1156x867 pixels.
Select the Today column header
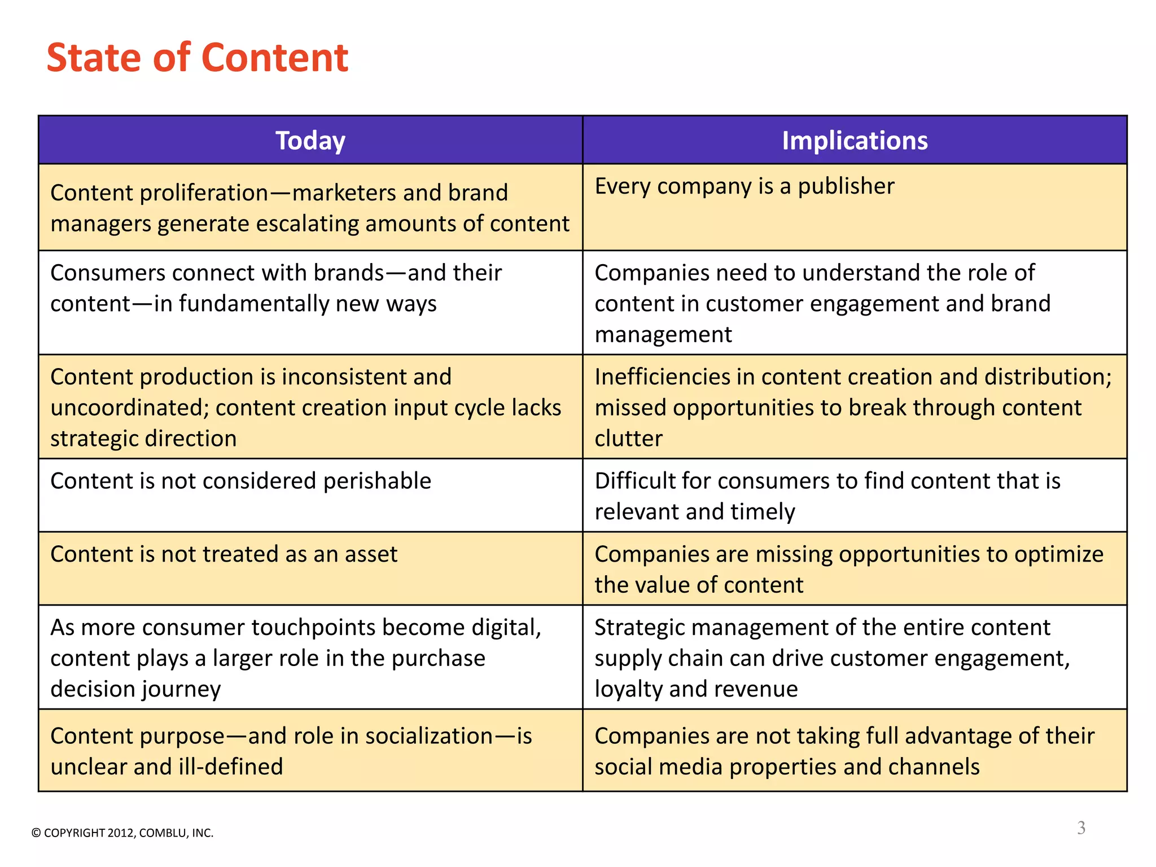pos(310,141)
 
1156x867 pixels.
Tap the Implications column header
pos(855,141)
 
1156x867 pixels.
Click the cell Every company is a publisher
pos(745,186)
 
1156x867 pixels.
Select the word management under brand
pos(663,335)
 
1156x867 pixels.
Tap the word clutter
pos(628,439)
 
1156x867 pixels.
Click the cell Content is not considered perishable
pos(241,481)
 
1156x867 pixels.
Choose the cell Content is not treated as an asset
pos(224,554)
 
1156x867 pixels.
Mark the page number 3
pos(1081,828)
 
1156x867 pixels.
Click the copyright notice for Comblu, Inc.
pos(122,833)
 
